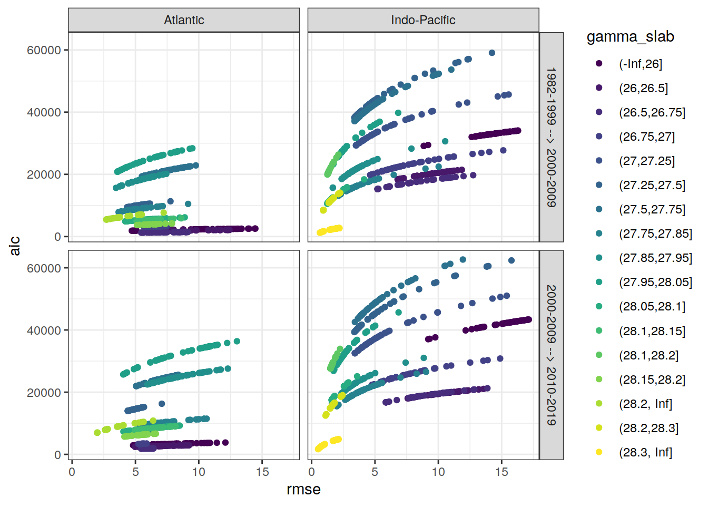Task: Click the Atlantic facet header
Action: click(x=184, y=20)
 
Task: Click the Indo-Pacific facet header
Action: click(x=423, y=20)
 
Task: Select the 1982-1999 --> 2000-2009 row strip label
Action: click(x=551, y=137)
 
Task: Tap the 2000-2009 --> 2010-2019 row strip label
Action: click(x=551, y=355)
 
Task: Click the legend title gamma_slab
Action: click(x=630, y=37)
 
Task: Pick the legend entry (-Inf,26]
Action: click(x=640, y=64)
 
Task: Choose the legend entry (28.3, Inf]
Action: click(x=645, y=452)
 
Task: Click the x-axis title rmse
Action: click(x=303, y=490)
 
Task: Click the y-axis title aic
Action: click(x=15, y=246)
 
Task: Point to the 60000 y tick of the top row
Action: click(x=44, y=50)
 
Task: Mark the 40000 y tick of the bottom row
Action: click(x=44, y=330)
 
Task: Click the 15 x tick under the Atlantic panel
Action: click(x=262, y=472)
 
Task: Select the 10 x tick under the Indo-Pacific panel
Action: click(x=438, y=472)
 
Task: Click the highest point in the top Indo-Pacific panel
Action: click(x=492, y=53)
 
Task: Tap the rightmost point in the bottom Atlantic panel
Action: click(x=237, y=342)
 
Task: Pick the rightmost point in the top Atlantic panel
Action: click(x=255, y=229)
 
